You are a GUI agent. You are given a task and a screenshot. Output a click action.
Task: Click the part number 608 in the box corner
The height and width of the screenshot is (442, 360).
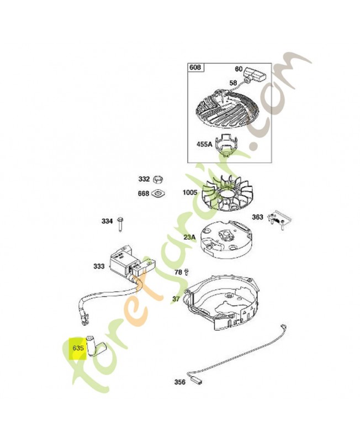(x=195, y=67)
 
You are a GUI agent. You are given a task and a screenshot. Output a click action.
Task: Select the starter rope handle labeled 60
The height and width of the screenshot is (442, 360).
(x=256, y=73)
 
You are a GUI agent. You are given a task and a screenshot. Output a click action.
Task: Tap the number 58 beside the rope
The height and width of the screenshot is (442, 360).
(x=233, y=82)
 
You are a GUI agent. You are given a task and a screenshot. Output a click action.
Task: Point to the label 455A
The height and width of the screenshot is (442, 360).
(x=204, y=144)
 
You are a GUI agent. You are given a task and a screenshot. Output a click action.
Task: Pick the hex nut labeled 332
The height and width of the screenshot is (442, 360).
(x=158, y=179)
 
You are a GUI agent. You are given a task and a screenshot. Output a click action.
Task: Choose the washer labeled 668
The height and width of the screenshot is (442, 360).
(x=158, y=193)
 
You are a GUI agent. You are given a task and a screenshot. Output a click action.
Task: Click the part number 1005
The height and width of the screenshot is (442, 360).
(x=190, y=193)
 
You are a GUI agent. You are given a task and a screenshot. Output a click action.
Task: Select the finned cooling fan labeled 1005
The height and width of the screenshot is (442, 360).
(x=227, y=192)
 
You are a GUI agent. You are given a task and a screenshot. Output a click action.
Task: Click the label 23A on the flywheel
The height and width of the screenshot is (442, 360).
(x=189, y=237)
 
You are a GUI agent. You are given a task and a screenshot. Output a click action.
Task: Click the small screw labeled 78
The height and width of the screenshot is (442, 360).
(x=186, y=272)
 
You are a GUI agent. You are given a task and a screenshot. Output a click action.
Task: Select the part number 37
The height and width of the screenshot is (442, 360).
(x=176, y=299)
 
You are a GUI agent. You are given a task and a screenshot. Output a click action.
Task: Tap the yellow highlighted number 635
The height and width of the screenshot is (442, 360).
(x=78, y=348)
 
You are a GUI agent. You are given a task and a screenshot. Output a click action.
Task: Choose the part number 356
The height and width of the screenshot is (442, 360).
(x=180, y=382)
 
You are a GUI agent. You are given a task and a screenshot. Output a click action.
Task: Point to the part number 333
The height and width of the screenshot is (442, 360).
(x=99, y=266)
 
